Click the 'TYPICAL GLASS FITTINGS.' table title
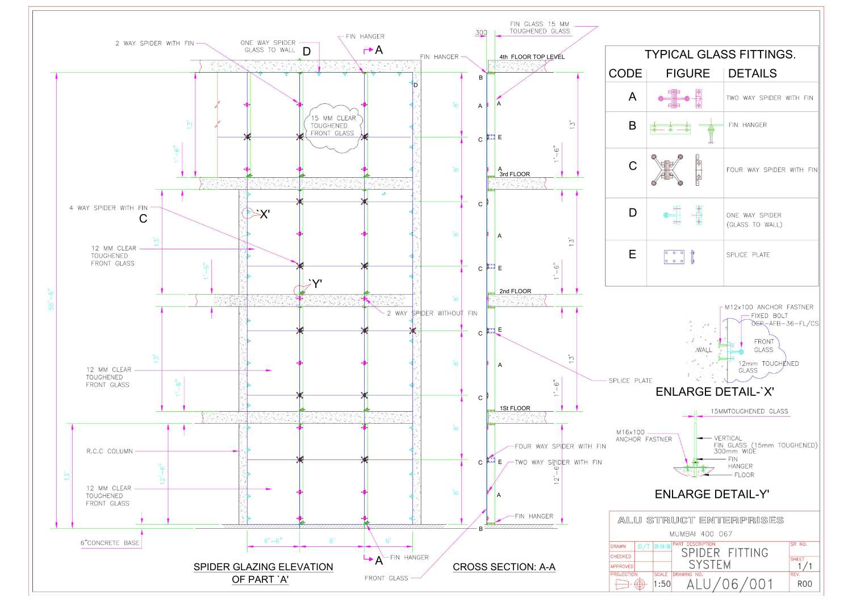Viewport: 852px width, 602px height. click(720, 55)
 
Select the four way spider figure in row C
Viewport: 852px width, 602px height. click(667, 169)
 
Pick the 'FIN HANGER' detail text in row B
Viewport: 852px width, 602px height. click(747, 125)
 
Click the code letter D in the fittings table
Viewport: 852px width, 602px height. click(632, 212)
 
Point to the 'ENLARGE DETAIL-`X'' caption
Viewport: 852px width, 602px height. click(715, 392)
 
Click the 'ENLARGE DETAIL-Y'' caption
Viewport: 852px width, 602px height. click(712, 494)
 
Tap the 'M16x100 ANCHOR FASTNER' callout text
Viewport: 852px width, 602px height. click(644, 436)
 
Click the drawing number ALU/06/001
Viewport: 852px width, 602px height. click(730, 584)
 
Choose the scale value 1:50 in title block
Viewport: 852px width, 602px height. click(661, 584)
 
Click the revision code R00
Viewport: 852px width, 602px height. click(804, 584)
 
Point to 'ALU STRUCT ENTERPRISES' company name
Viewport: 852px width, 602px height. click(700, 520)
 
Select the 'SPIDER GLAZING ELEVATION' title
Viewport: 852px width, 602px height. click(263, 567)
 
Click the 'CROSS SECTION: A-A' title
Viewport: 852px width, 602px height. click(504, 567)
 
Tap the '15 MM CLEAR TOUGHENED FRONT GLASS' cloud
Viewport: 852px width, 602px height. click(333, 126)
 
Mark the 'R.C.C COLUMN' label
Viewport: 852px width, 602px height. click(110, 451)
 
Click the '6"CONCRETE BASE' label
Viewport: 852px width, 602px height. click(110, 543)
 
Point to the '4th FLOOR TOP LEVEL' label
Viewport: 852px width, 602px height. click(532, 57)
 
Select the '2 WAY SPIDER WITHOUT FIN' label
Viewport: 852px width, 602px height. click(432, 313)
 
